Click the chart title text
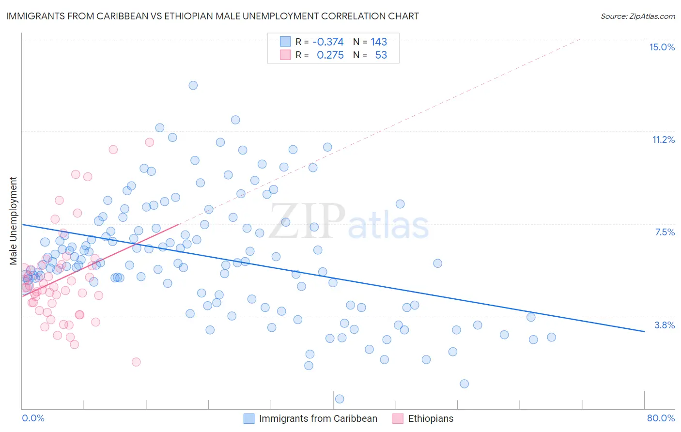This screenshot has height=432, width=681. click(213, 16)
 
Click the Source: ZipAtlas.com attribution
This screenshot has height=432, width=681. click(637, 16)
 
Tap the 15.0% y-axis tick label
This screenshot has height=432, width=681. click(662, 47)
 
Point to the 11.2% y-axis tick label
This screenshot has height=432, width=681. click(663, 139)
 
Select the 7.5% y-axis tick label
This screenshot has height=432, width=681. click(665, 232)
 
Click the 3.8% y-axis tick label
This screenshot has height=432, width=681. click(665, 325)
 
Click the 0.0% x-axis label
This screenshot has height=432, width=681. click(33, 418)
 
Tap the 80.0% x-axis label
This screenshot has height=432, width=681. click(661, 418)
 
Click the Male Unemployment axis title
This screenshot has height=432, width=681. click(13, 221)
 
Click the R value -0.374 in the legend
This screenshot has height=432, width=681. click(328, 42)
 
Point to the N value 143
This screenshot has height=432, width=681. click(379, 42)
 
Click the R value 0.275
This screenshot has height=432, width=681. click(330, 55)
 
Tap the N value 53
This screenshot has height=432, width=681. click(381, 55)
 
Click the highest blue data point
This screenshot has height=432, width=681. click(193, 85)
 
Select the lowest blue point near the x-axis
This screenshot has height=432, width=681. click(340, 399)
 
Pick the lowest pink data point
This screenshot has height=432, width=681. click(136, 362)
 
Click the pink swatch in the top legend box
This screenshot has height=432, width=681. click(285, 55)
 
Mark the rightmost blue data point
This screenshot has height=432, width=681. click(551, 337)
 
